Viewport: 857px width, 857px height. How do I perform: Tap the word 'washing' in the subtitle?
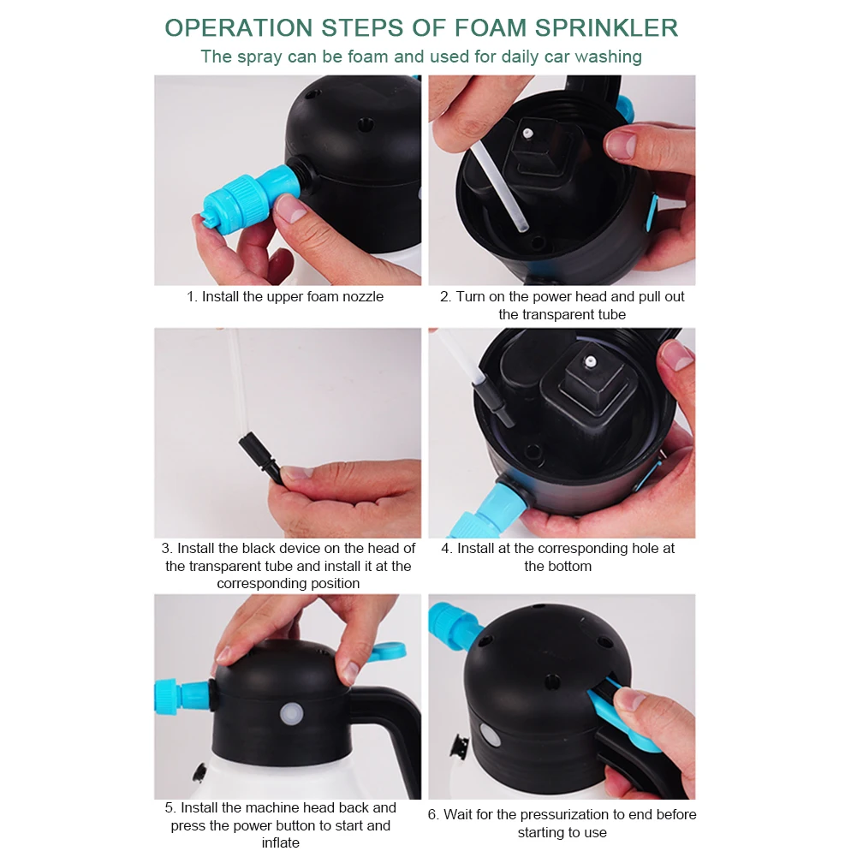[x=609, y=57]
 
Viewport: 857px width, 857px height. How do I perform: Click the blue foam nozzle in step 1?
[x=249, y=199]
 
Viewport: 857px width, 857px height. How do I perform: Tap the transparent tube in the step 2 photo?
[x=498, y=187]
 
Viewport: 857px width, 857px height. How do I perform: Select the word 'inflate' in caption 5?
[x=280, y=842]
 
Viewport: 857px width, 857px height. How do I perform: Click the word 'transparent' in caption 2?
[x=552, y=315]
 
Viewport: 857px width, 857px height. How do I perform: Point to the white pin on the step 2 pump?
[x=527, y=133]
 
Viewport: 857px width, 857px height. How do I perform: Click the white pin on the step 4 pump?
[x=590, y=361]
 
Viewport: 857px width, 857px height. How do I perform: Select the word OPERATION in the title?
[x=238, y=28]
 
